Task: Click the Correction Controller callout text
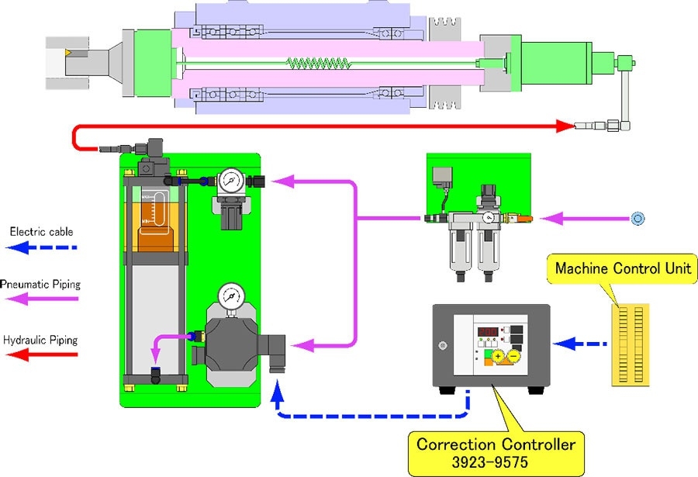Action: [496, 444]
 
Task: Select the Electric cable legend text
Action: [41, 230]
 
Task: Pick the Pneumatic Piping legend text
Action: [40, 285]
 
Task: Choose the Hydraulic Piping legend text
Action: [40, 340]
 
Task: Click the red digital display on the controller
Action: [489, 332]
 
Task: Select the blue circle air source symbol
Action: [638, 219]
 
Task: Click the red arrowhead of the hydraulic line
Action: [565, 124]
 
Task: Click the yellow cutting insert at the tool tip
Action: [68, 53]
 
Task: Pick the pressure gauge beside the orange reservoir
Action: [229, 182]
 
